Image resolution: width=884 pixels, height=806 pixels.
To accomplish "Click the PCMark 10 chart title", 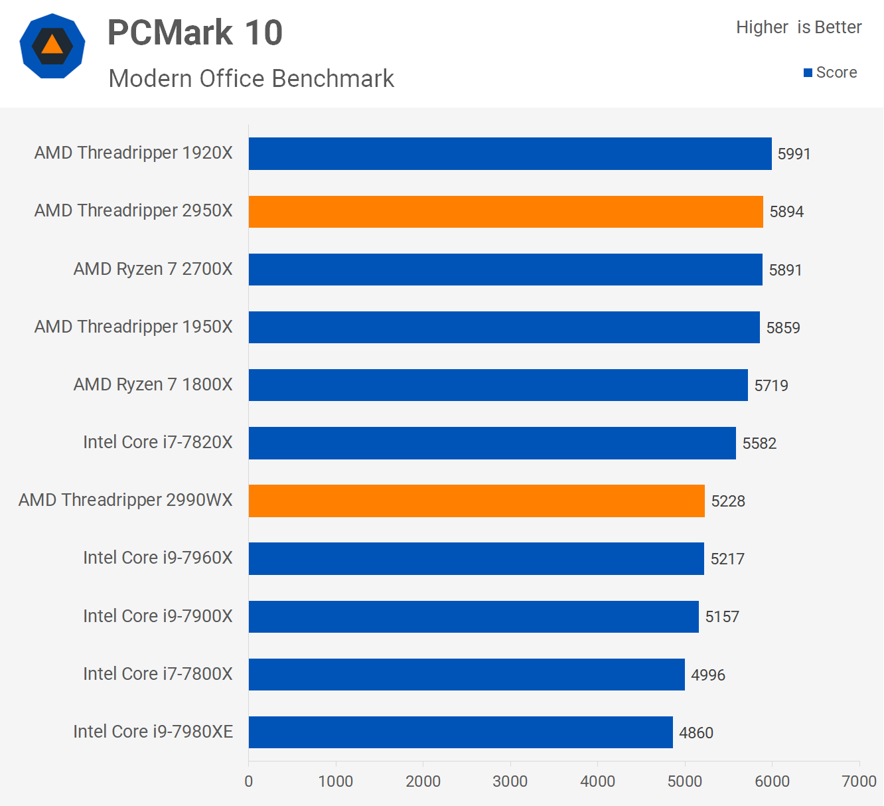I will point(195,33).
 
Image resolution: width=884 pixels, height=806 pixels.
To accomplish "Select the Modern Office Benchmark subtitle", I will point(252,78).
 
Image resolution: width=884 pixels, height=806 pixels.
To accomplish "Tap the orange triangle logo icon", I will point(52,46).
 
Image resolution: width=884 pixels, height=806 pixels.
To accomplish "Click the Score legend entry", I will point(830,72).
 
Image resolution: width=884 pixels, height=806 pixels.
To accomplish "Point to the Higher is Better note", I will point(798,27).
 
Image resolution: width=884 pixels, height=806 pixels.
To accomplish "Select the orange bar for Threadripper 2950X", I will point(506,212).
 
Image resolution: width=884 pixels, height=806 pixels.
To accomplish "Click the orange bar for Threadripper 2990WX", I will point(477,501).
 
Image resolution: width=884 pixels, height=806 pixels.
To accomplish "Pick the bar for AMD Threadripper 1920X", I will point(510,153).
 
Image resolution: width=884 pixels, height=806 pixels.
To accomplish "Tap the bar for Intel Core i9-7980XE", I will point(461,732).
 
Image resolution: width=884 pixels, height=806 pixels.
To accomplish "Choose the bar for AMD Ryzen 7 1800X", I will point(498,385).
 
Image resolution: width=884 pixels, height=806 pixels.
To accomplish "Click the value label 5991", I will point(794,154).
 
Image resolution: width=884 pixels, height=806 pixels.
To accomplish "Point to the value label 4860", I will point(696,733).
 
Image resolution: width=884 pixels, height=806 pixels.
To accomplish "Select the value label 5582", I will point(759,443).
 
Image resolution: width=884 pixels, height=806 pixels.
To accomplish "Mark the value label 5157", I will point(722,617).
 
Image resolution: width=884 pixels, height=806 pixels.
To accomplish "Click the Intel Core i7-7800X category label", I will point(158,674).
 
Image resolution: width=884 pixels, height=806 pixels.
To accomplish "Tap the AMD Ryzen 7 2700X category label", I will point(153,269).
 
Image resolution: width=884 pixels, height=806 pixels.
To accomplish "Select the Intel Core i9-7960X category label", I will point(158,558).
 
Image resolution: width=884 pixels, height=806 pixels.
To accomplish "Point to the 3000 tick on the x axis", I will point(510,781).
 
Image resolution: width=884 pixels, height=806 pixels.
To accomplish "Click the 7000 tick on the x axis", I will point(859,781).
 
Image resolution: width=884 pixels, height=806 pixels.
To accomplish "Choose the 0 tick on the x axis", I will point(249,781).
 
